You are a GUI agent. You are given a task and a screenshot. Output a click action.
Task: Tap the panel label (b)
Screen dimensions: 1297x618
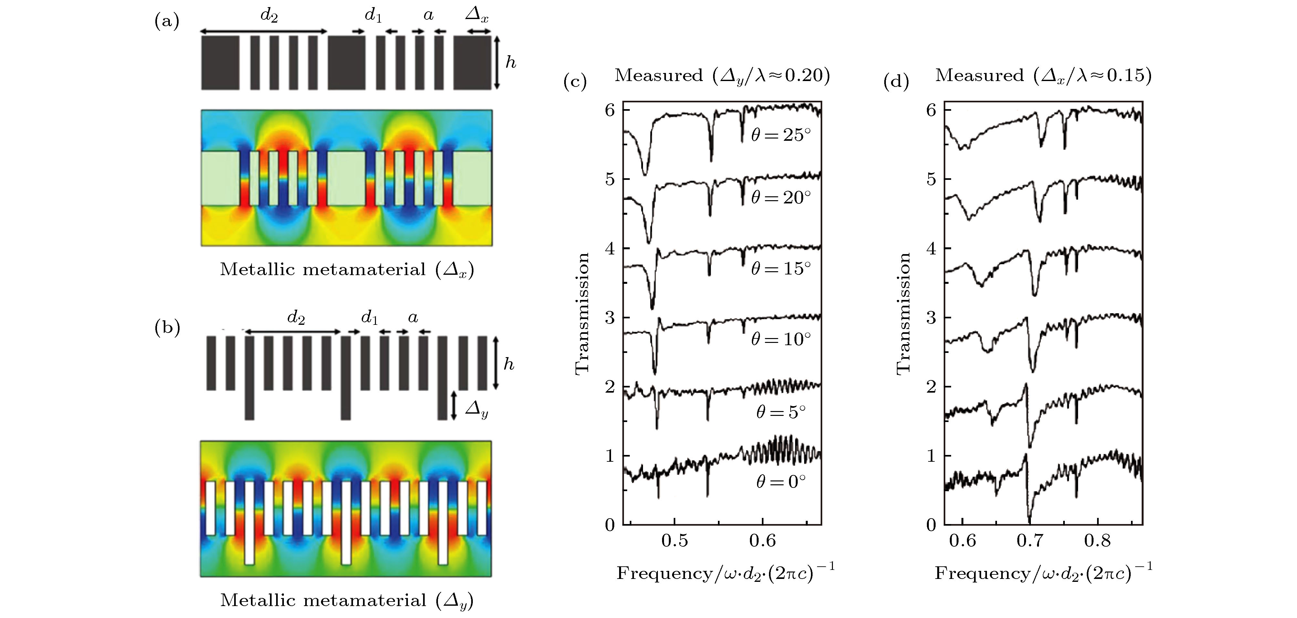point(167,328)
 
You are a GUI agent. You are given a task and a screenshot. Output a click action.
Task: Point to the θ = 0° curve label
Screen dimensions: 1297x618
point(781,482)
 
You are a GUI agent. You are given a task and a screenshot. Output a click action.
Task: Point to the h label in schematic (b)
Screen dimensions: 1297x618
point(509,364)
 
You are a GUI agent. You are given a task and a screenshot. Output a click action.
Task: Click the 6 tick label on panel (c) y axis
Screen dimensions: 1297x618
point(610,110)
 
